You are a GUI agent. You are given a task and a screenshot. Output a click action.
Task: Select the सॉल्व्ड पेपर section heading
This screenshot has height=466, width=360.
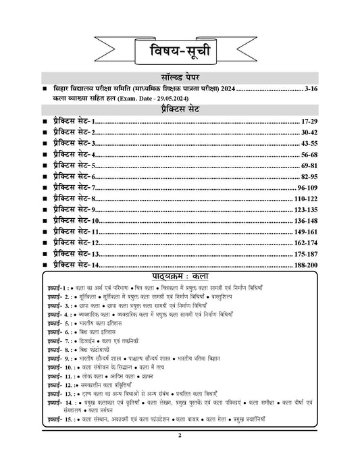click(x=179, y=78)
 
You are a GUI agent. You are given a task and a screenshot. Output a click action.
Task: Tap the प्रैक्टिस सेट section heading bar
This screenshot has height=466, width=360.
click(x=179, y=110)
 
